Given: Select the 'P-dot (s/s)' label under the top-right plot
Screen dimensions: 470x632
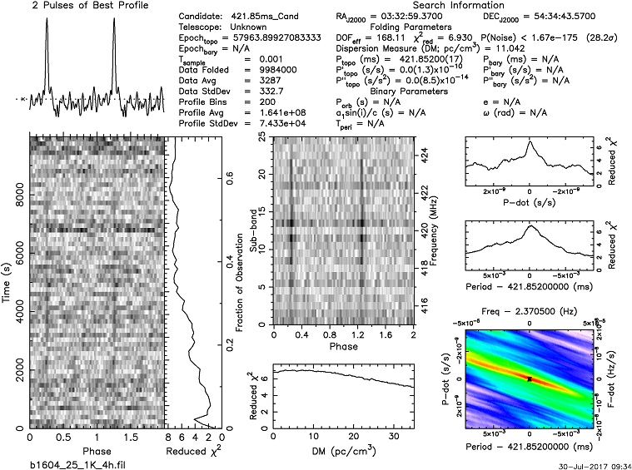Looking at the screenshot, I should click(530, 201).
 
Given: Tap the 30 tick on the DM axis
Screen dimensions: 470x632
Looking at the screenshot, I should click(390, 437).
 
